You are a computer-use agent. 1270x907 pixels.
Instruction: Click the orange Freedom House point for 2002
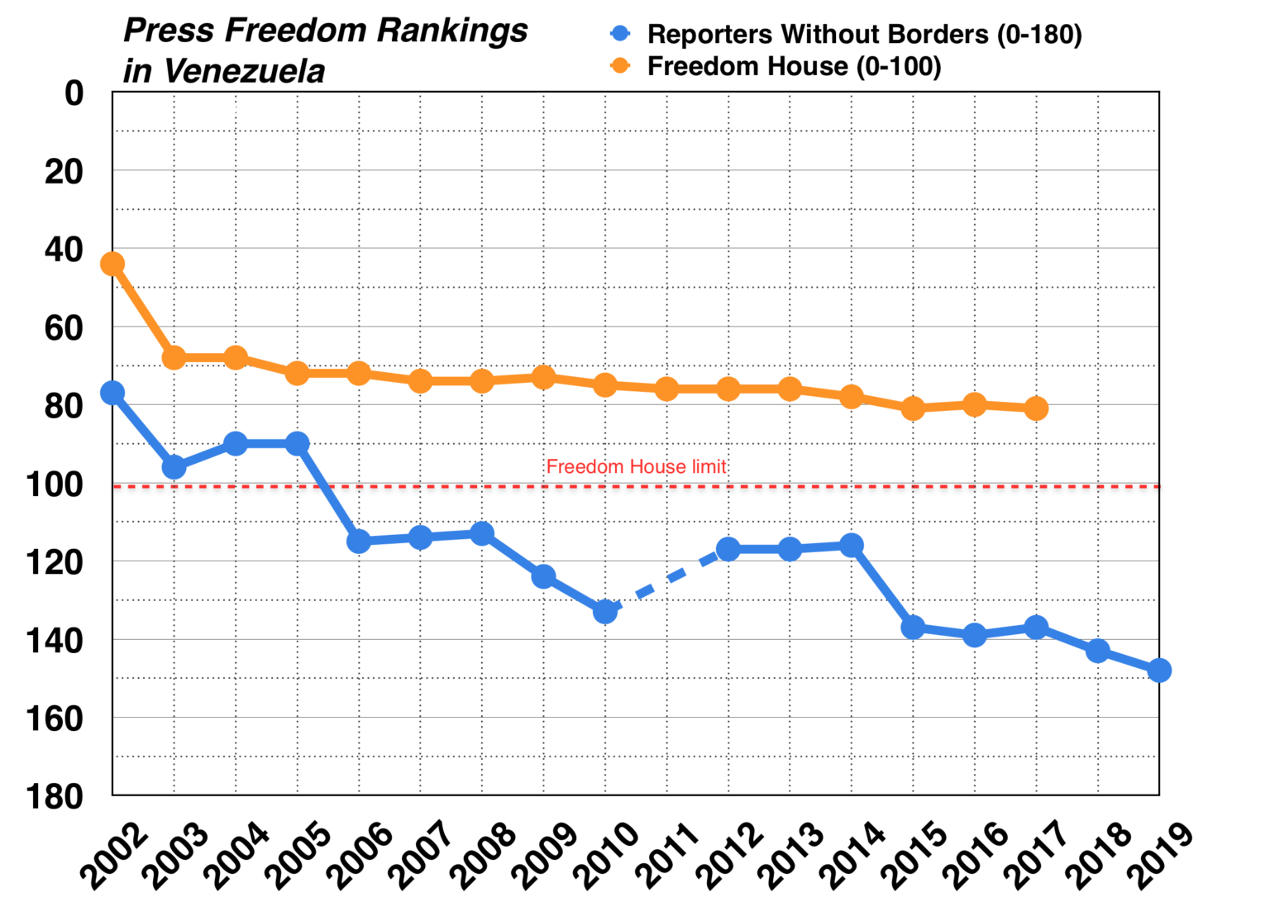click(112, 264)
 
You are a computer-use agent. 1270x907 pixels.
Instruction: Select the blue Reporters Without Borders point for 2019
click(1159, 670)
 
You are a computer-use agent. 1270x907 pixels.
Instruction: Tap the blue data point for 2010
click(605, 612)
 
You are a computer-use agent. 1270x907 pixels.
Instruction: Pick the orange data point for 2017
click(1036, 408)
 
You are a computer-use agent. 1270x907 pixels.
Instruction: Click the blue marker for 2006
click(359, 542)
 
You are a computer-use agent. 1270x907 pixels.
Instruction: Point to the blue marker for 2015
click(913, 627)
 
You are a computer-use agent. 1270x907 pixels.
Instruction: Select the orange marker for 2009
click(543, 378)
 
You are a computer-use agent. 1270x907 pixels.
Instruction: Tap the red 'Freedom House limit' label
click(636, 466)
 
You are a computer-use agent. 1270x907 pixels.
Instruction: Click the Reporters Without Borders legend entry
click(863, 35)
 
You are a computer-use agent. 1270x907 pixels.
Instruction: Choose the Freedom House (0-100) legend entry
click(794, 66)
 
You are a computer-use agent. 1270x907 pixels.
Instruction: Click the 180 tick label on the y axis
click(55, 797)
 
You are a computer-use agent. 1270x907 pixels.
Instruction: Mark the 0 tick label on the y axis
click(74, 93)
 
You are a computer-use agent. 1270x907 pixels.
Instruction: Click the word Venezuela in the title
click(245, 71)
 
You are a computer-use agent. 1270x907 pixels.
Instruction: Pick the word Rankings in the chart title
click(452, 31)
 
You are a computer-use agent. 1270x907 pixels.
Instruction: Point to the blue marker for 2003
click(174, 467)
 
